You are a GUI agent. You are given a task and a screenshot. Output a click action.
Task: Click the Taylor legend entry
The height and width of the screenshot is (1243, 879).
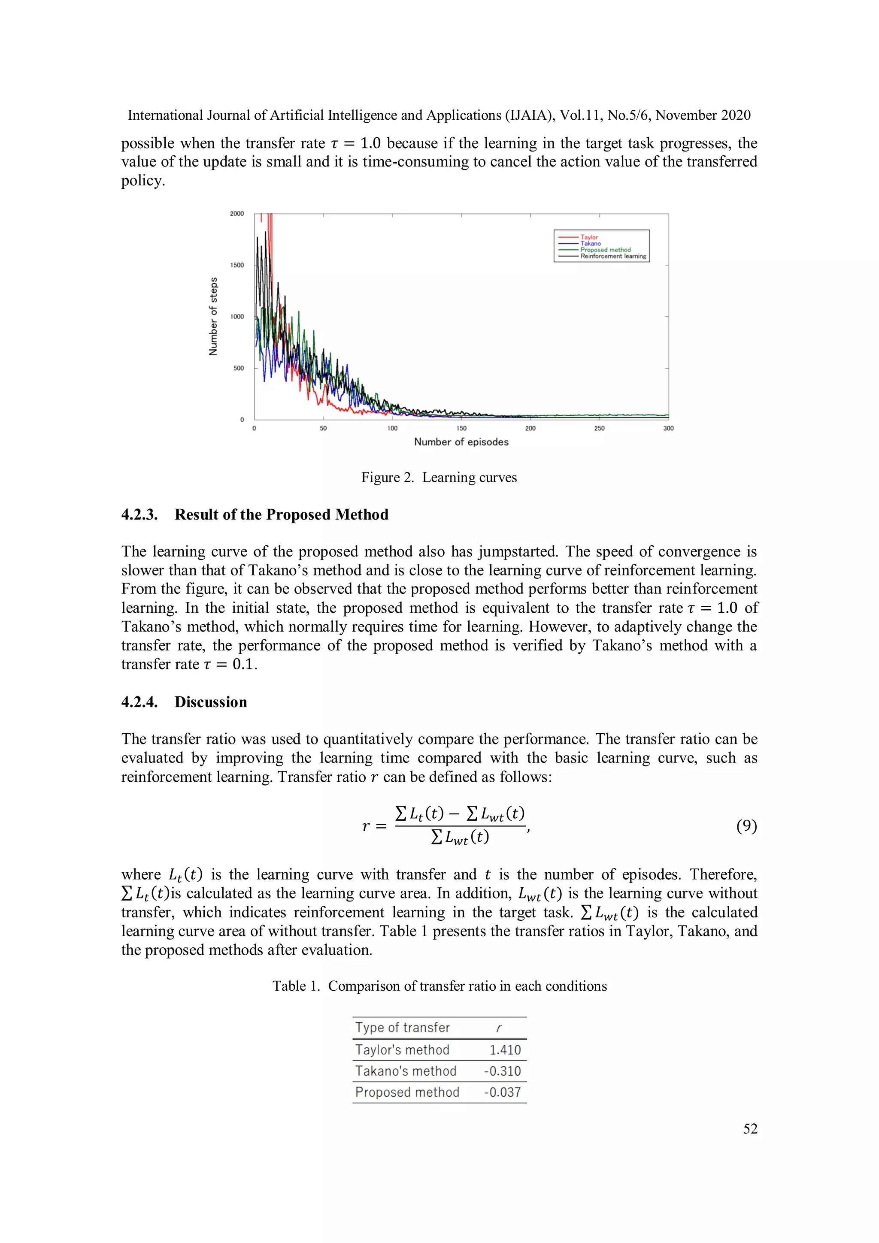pyautogui.click(x=589, y=237)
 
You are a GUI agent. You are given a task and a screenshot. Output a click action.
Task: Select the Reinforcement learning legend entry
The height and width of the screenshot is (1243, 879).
pyautogui.click(x=612, y=257)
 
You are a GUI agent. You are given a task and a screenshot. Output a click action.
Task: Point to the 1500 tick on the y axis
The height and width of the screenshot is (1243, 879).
pyautogui.click(x=237, y=265)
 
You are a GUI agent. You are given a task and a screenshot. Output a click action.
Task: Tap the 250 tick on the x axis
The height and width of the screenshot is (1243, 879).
pyautogui.click(x=599, y=428)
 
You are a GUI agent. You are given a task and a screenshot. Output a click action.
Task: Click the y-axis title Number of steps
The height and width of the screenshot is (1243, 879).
pyautogui.click(x=213, y=316)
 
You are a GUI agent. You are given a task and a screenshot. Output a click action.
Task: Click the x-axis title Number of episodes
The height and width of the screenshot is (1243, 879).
pyautogui.click(x=461, y=442)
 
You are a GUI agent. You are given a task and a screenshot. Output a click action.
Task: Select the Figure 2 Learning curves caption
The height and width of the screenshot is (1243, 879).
pyautogui.click(x=439, y=478)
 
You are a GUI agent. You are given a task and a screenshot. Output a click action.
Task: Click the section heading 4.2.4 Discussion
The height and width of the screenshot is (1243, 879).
pyautogui.click(x=184, y=702)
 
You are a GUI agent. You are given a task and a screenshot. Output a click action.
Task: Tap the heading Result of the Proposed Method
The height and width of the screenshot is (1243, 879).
pyautogui.click(x=281, y=514)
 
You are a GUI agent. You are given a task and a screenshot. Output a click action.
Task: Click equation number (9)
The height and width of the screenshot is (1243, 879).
pyautogui.click(x=746, y=826)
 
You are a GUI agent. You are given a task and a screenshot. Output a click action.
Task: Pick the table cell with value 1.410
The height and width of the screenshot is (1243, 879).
pyautogui.click(x=505, y=1050)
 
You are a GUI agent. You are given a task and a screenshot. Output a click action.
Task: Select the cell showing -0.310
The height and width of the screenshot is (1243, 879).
pyautogui.click(x=502, y=1071)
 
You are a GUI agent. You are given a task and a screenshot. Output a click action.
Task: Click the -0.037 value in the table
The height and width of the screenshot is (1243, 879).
pyautogui.click(x=502, y=1092)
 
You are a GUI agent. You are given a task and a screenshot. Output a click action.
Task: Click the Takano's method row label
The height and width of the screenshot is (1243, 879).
pyautogui.click(x=406, y=1071)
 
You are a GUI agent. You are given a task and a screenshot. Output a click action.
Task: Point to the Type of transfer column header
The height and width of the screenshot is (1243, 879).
pyautogui.click(x=403, y=1028)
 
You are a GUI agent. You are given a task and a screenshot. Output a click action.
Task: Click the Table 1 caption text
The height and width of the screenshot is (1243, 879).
pyautogui.click(x=439, y=986)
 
